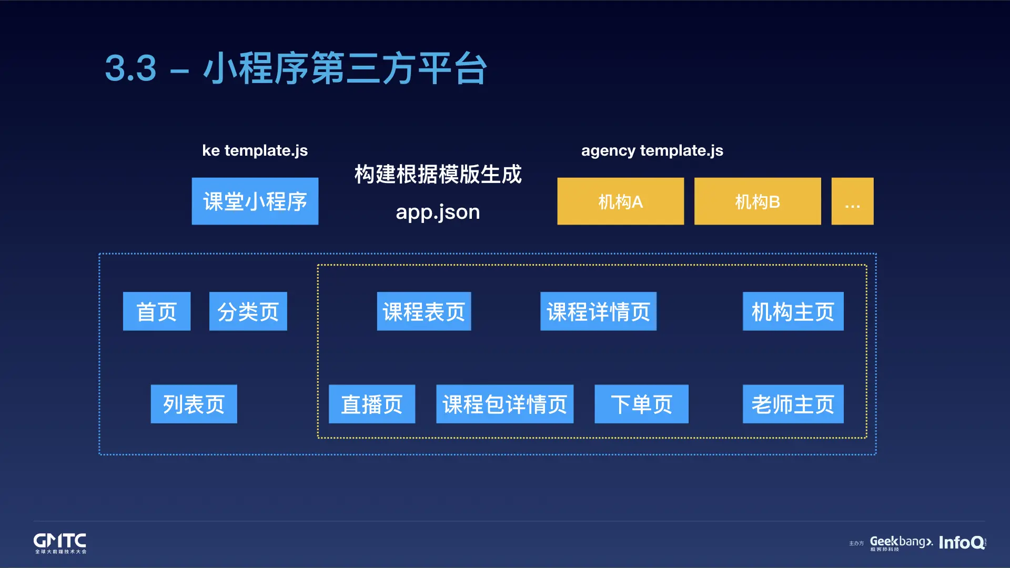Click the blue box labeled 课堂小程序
[255, 201]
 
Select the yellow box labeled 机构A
[620, 201]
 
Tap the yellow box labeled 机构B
[757, 201]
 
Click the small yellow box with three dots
[852, 201]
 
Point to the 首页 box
[157, 311]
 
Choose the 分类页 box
[248, 311]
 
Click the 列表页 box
[194, 404]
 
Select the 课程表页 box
[424, 311]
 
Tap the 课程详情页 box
[598, 311]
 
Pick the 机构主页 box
[793, 311]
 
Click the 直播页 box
[372, 404]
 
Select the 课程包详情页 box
[504, 404]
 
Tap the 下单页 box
[641, 404]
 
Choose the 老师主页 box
[793, 404]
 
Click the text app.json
[438, 212]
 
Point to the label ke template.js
[255, 150]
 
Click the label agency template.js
[652, 150]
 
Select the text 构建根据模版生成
[438, 174]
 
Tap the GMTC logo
[60, 542]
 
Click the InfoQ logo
[962, 542]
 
